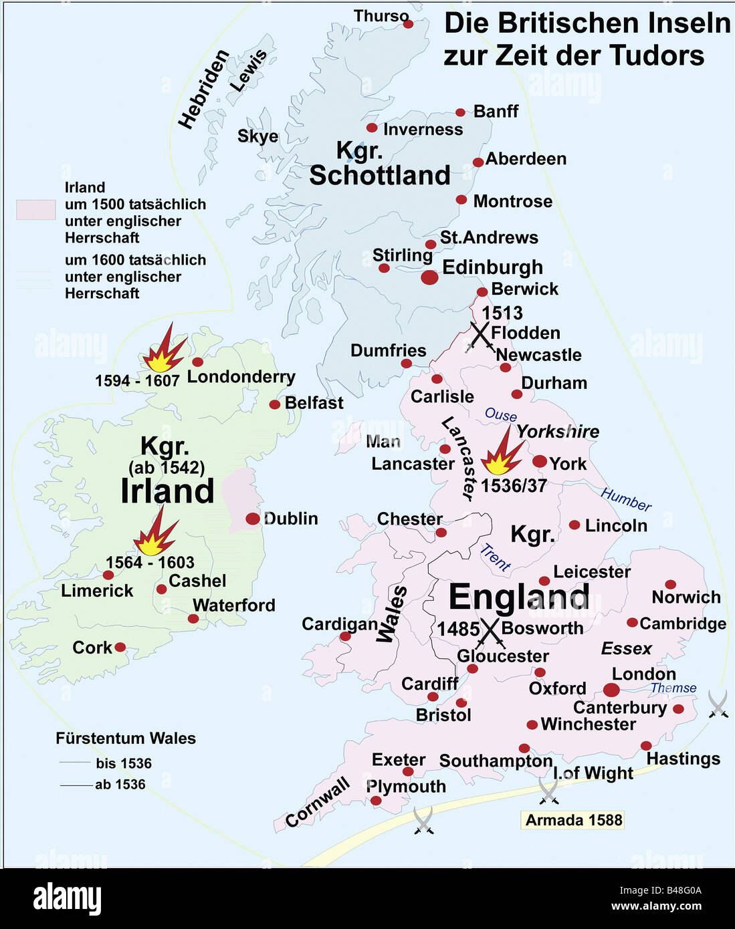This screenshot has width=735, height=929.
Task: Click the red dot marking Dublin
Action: tap(252, 519)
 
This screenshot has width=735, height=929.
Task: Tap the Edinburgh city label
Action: tap(492, 267)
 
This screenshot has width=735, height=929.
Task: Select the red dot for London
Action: tap(611, 690)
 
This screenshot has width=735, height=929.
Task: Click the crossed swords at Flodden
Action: tap(481, 336)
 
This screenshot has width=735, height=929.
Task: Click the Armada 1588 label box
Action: tap(573, 820)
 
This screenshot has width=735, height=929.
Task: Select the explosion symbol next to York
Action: tap(502, 452)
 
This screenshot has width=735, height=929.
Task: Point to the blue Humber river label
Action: tap(626, 499)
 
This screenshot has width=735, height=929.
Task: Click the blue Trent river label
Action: tap(496, 557)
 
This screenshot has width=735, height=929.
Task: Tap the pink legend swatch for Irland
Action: tap(35, 209)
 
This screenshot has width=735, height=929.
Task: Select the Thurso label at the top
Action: tap(381, 16)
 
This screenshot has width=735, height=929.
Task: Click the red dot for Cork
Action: tap(120, 647)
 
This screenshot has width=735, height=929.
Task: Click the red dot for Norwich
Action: tap(670, 584)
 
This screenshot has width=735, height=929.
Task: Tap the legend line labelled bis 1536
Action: tap(74, 763)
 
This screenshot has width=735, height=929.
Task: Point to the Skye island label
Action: tap(257, 136)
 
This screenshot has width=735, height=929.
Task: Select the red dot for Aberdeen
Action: tap(478, 162)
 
